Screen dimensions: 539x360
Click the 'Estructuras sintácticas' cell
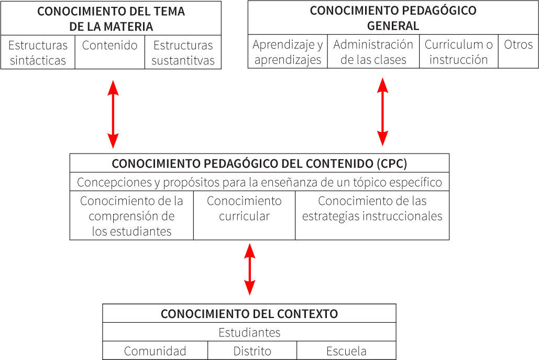pos(38,52)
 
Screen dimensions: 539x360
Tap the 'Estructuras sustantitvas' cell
pos(183,52)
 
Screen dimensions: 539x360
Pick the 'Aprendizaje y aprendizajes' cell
pos(288,52)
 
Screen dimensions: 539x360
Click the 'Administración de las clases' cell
pos(373,52)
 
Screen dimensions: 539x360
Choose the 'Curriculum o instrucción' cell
pos(458,52)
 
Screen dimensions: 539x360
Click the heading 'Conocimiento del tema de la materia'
pos(111,19)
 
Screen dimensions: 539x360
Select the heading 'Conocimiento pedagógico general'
pos(393,18)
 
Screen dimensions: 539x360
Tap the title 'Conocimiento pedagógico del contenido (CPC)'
pos(259,163)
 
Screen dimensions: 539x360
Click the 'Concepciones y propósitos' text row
pos(259,182)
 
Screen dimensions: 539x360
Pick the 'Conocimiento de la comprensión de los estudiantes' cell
pos(131,216)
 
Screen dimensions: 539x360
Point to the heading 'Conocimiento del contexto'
pos(249,313)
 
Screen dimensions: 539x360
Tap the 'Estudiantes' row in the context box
pos(249,332)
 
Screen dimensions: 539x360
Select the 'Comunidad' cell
pos(155,351)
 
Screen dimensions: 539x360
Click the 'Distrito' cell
pos(252,351)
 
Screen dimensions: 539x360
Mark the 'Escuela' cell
pos(346,351)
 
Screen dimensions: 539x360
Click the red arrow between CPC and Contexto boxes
pos(250,269)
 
